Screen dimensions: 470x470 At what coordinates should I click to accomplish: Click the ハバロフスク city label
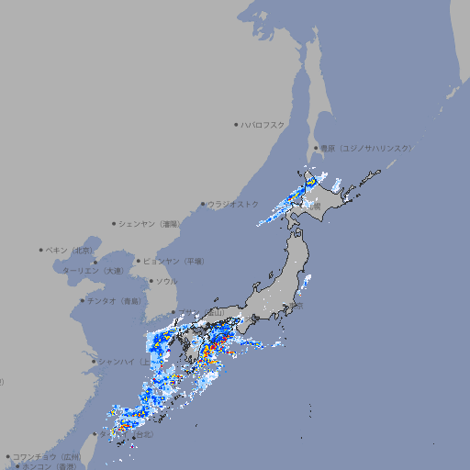coord(263,125)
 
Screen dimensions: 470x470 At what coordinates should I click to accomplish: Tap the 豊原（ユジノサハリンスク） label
coord(364,148)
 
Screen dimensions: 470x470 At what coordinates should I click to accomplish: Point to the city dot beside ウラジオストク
coord(203,205)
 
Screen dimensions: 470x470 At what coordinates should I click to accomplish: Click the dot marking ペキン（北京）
coord(41,250)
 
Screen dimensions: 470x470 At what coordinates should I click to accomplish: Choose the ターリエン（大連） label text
coord(92,271)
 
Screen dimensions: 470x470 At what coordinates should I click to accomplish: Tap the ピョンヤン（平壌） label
coord(173,261)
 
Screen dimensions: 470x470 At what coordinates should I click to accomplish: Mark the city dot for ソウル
coord(151,281)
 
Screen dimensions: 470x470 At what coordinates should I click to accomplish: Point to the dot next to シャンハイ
coord(94,361)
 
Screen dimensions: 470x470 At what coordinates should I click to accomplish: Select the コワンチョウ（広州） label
coord(47,456)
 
